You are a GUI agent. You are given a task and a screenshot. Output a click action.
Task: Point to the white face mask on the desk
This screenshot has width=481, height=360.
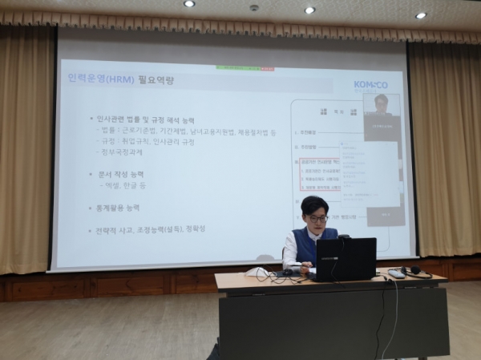(x=258, y=272)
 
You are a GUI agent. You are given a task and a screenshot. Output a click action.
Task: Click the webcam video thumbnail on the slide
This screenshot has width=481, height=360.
(x=382, y=115)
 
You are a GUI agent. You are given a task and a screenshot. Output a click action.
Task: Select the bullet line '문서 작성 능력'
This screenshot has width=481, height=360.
(x=117, y=173)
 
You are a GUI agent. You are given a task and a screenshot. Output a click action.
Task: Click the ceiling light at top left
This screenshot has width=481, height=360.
(x=189, y=3)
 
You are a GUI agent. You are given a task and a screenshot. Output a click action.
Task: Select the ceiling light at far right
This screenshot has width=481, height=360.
(x=421, y=15)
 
